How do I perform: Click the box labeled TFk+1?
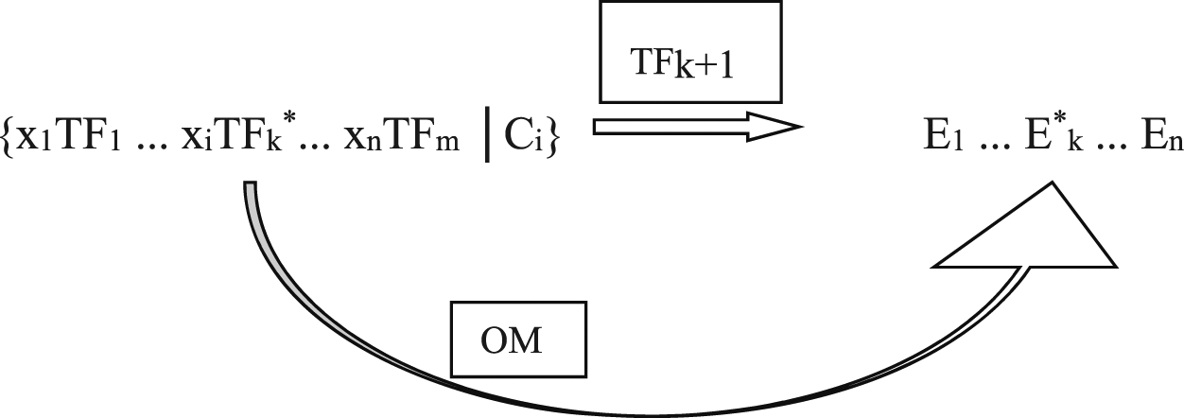coord(689,51)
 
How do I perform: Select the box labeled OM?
coord(513,340)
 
